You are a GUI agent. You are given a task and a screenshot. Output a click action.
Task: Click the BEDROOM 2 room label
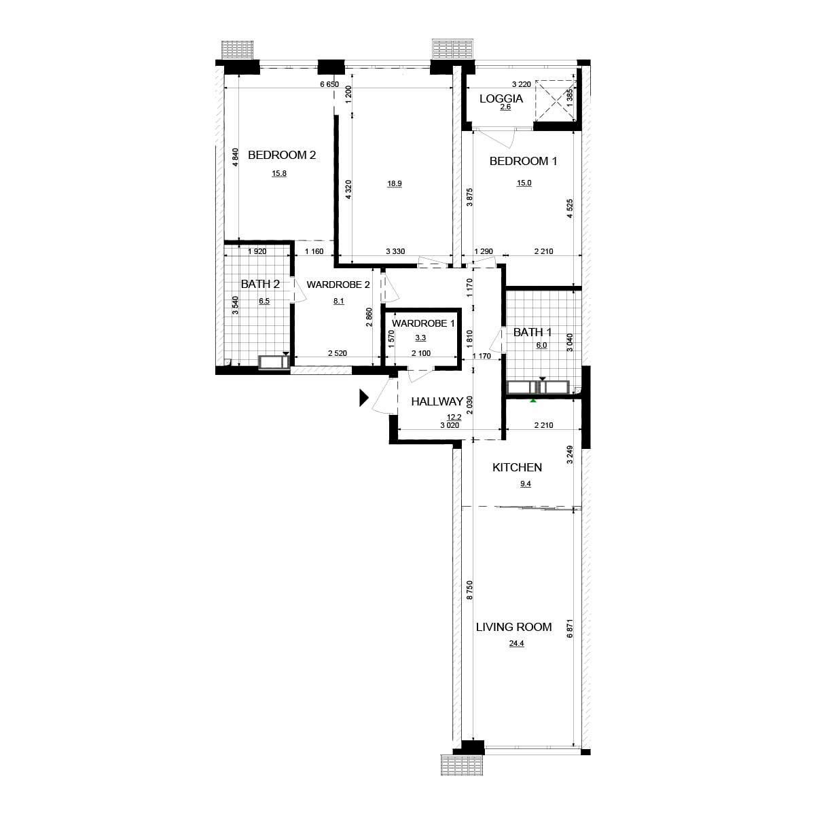[x=282, y=156]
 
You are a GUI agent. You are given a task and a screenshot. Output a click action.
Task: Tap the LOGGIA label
[x=501, y=99]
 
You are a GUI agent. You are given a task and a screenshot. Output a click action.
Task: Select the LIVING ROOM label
[x=514, y=627]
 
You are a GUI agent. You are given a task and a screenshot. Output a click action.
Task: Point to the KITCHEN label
[x=518, y=467]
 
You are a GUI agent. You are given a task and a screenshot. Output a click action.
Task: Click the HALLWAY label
[x=437, y=401]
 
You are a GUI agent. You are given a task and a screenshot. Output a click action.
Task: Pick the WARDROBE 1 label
[x=423, y=323]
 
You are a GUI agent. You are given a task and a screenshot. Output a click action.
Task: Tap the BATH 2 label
[x=260, y=284]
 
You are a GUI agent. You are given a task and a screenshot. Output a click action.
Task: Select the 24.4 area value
[x=516, y=644]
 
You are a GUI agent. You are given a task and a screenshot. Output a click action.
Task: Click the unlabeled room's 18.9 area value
[x=394, y=183]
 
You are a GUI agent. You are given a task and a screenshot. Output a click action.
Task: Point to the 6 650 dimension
[x=329, y=84]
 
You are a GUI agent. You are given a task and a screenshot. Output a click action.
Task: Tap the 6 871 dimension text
[x=570, y=629]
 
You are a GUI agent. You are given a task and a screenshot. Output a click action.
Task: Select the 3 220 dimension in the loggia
[x=521, y=84]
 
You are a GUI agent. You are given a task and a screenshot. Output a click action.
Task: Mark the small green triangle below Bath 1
[x=533, y=399]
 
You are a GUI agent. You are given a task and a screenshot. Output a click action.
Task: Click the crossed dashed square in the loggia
[x=556, y=101]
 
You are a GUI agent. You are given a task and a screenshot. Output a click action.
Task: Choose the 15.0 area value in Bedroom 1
[x=524, y=183]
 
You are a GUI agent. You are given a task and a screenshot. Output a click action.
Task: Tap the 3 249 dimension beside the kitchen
[x=570, y=454]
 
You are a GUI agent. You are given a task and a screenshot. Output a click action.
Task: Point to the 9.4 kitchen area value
[x=525, y=484]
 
